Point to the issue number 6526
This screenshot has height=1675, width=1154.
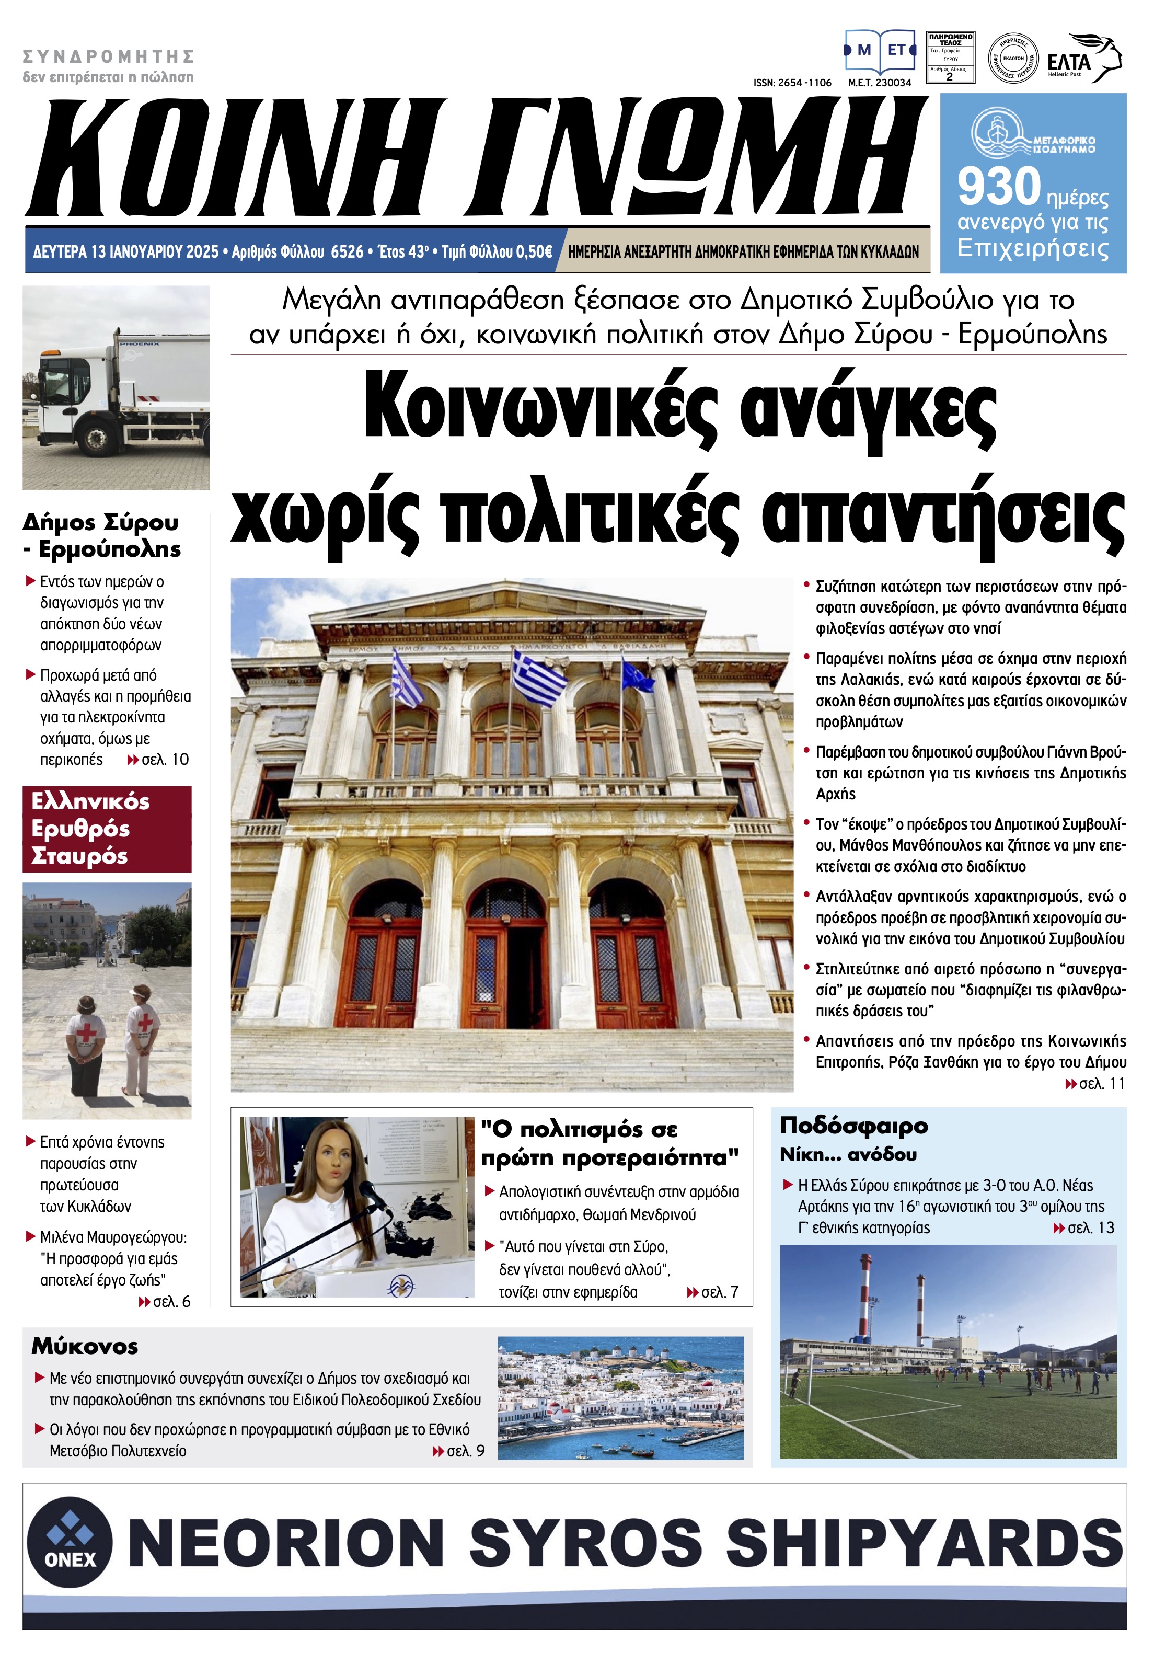[347, 251]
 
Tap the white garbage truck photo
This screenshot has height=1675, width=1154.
[116, 388]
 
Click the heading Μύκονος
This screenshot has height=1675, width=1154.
[85, 1347]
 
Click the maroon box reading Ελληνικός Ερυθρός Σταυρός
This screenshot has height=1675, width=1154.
[107, 829]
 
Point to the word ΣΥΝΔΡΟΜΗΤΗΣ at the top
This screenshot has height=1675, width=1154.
[109, 56]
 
